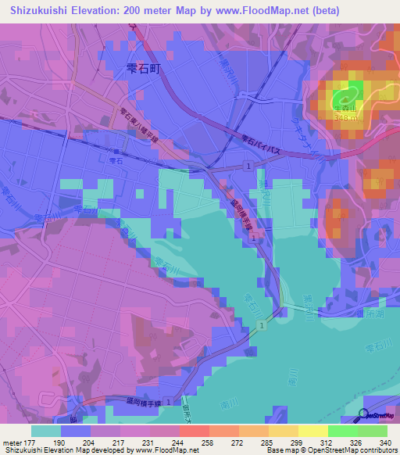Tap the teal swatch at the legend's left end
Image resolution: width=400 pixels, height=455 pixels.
pyautogui.click(x=46, y=431)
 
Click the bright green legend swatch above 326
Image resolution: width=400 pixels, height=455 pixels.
pyautogui.click(x=343, y=431)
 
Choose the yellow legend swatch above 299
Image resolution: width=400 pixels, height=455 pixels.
pyautogui.click(x=313, y=431)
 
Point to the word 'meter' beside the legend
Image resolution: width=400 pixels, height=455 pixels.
pyautogui.click(x=10, y=443)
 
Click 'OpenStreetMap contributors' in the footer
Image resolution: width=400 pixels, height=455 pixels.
pyautogui.click(x=351, y=451)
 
